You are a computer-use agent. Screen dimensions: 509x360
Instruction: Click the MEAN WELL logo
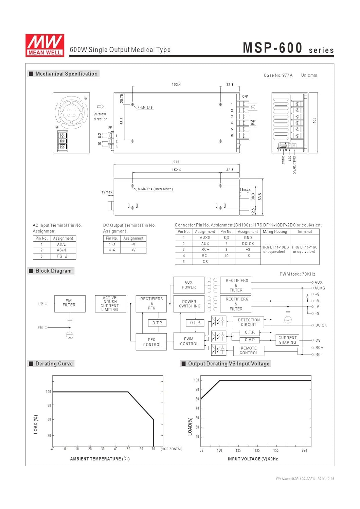[x=44, y=45]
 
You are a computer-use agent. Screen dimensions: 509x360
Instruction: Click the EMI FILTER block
[x=70, y=303]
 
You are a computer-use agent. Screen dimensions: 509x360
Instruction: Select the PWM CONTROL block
[x=189, y=341]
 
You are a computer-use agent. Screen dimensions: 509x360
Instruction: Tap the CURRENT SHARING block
[x=287, y=340]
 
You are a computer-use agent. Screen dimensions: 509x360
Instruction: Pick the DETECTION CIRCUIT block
[x=249, y=322]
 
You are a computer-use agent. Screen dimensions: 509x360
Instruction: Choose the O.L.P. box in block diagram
[x=195, y=323]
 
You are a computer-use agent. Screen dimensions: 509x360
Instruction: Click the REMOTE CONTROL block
[x=249, y=351]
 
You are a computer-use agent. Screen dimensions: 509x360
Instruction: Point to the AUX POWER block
[x=189, y=285]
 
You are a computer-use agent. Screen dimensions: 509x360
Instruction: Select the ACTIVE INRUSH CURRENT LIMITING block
[x=110, y=304]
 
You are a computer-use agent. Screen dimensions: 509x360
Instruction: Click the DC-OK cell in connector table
[x=248, y=244]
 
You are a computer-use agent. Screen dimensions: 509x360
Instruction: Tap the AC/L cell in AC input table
[x=61, y=244]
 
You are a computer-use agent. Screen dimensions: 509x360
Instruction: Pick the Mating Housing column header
[x=275, y=232]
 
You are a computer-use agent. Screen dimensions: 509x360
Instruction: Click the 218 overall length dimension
[x=176, y=162]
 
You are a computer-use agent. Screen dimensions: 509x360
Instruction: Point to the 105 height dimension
[x=314, y=120]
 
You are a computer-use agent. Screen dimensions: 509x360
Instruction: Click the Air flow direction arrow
[x=101, y=107]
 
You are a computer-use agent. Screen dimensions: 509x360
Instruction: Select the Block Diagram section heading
[x=53, y=271]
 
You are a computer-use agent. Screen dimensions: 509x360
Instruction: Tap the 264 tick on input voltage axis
[x=304, y=450]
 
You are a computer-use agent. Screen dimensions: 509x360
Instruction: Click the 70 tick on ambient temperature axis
[x=154, y=449]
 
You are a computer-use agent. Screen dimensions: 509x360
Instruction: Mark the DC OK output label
[x=321, y=325]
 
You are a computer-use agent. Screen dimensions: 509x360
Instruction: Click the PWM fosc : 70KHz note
[x=298, y=274]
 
